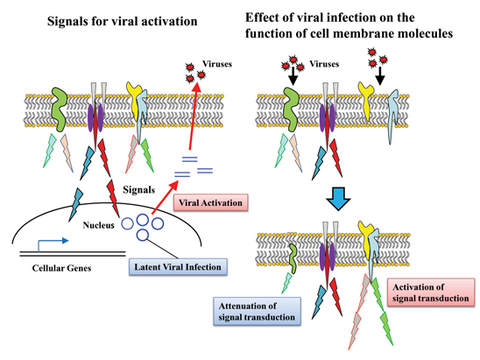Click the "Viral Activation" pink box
tap(210, 202)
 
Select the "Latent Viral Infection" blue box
tap(178, 267)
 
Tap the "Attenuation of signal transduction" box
tap(257, 311)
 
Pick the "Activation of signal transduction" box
tap(431, 293)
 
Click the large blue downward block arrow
tap(338, 199)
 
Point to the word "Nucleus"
tap(98, 225)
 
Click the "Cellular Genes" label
tap(61, 268)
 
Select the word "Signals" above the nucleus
tap(138, 190)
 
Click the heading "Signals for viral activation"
tap(122, 21)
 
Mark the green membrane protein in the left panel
tap(59, 109)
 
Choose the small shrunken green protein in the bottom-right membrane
tap(293, 258)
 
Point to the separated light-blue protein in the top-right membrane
tap(392, 115)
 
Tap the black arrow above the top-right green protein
tap(293, 75)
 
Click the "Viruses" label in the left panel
tap(217, 64)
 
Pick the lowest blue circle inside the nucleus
tap(143, 235)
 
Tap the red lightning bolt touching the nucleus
tap(113, 198)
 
